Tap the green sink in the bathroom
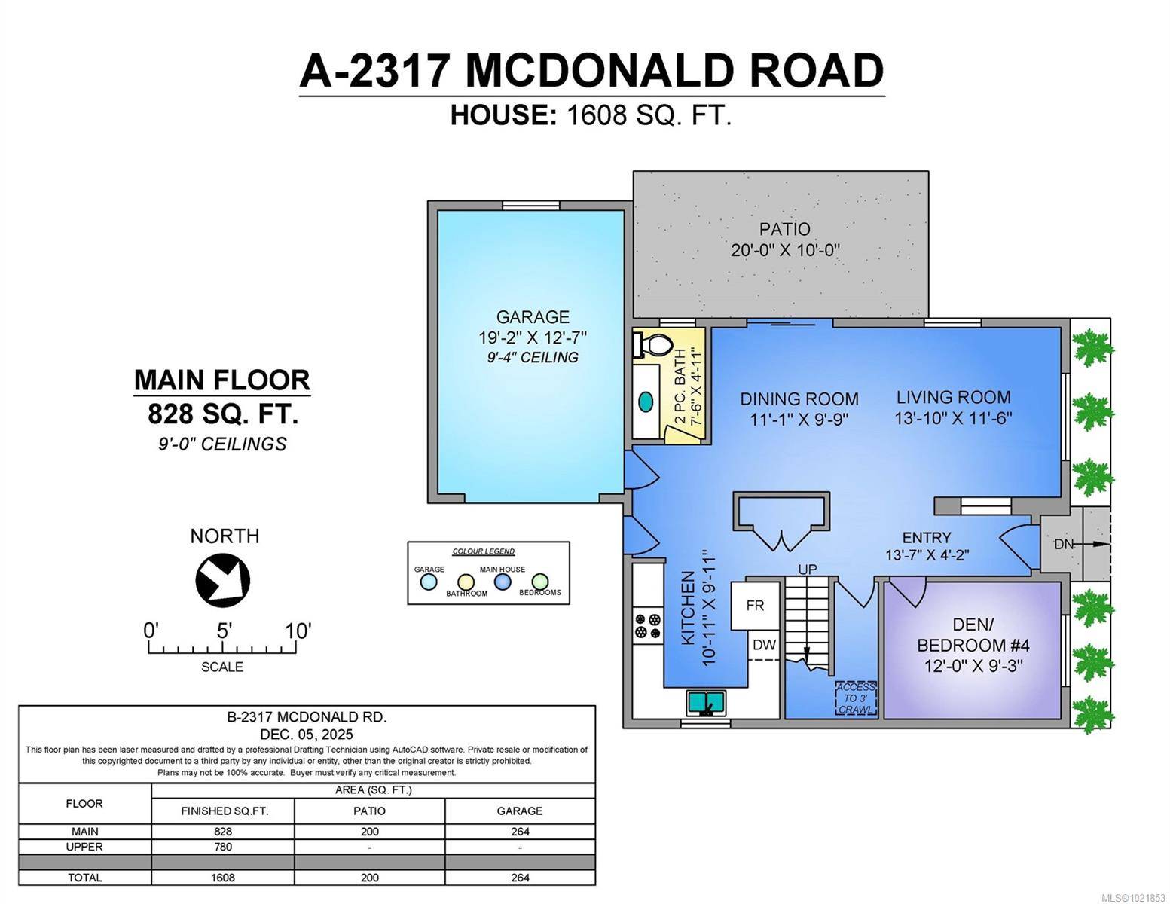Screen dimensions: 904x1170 [646, 401]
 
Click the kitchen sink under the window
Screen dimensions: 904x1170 [706, 703]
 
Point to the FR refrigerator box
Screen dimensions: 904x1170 [755, 605]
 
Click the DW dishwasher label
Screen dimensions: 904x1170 [764, 645]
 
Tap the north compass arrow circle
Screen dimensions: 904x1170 [222, 580]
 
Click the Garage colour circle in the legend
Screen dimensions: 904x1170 [429, 582]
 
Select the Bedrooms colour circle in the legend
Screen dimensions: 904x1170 [539, 582]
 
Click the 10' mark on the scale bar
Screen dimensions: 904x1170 [298, 631]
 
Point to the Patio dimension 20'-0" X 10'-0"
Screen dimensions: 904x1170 [785, 250]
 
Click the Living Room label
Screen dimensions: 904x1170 [953, 397]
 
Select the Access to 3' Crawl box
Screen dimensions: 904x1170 [856, 698]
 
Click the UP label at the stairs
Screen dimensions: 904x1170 [807, 570]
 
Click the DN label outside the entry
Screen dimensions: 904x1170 [1063, 544]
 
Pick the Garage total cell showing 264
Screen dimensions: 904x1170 [519, 878]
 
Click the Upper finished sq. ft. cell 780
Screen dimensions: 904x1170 [223, 847]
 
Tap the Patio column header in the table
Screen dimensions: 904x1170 [369, 811]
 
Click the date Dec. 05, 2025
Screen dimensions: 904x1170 [307, 734]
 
